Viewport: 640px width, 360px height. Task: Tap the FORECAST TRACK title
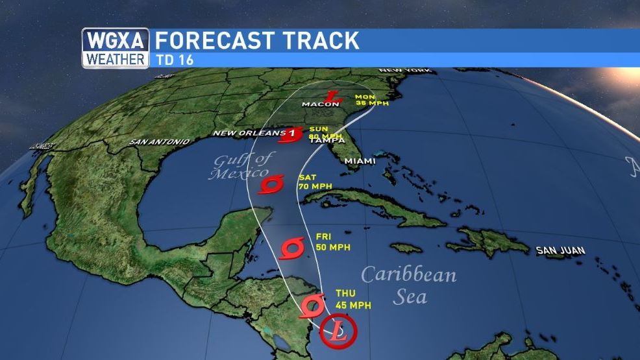[x=257, y=40]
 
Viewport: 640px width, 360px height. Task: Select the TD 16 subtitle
[x=174, y=60]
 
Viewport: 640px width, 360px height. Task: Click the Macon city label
[x=321, y=104]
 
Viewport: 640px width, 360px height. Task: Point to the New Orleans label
[x=248, y=134]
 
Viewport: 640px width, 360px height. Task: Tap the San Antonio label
[x=159, y=141]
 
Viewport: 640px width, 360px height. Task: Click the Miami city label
[x=360, y=160]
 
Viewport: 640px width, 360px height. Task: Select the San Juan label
[x=561, y=250]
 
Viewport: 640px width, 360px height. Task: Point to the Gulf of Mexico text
[x=240, y=166]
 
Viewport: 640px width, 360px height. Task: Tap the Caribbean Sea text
[x=409, y=285]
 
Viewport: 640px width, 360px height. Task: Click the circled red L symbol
[x=338, y=330]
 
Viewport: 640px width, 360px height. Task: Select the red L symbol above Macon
[x=332, y=97]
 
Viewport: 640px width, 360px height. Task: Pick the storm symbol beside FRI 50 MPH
[x=292, y=248]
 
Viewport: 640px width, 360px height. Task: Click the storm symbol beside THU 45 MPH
[x=312, y=305]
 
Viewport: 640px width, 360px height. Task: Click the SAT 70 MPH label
[x=314, y=182]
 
